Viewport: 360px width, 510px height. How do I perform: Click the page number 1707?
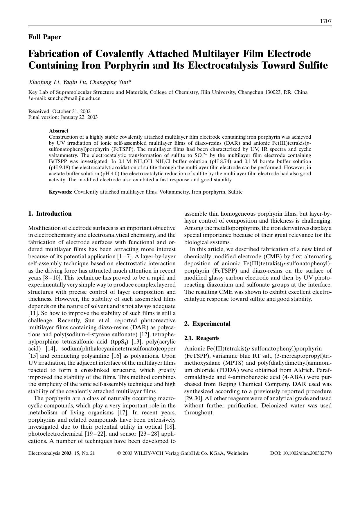point(325,21)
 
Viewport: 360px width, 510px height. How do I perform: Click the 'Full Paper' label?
point(44,37)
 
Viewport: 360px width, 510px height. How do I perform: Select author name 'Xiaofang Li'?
point(44,82)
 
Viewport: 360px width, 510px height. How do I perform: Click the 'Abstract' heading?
point(58,131)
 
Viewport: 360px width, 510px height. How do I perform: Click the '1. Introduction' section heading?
point(50,214)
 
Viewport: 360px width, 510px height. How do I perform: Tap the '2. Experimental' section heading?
point(208,324)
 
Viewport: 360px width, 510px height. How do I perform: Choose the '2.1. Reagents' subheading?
point(202,338)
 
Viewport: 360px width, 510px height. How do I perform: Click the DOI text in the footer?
point(301,453)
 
